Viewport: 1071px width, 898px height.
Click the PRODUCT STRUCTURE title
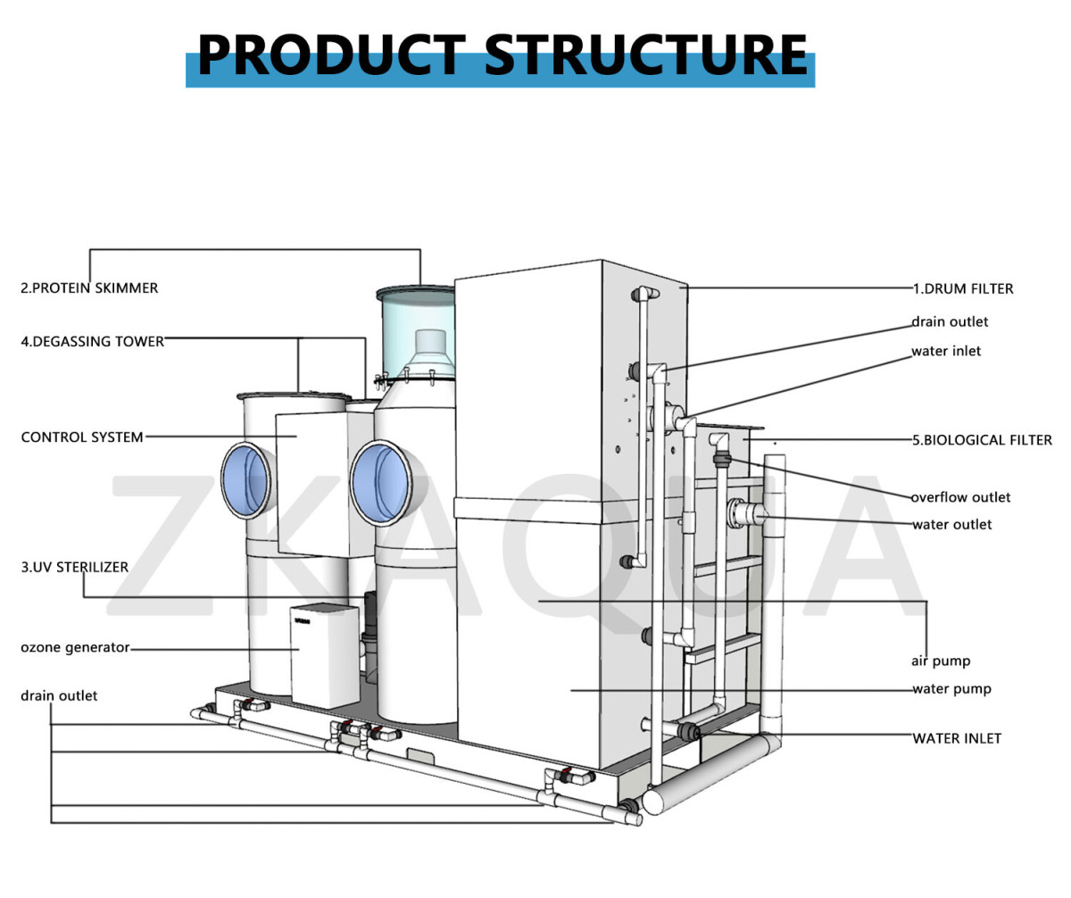pyautogui.click(x=502, y=54)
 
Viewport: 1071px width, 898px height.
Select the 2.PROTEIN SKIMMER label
pyautogui.click(x=89, y=288)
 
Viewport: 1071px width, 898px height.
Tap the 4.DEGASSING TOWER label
pyautogui.click(x=93, y=341)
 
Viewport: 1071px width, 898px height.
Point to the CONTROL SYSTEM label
pyautogui.click(x=82, y=437)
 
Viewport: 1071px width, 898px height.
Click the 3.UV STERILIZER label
pyautogui.click(x=74, y=567)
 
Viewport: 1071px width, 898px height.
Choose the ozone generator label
pyautogui.click(x=75, y=647)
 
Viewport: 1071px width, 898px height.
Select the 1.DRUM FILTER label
pyautogui.click(x=962, y=288)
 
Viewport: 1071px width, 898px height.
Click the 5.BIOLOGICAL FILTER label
pyautogui.click(x=982, y=439)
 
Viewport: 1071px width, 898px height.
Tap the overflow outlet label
pyautogui.click(x=960, y=497)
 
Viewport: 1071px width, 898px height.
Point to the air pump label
pyautogui.click(x=941, y=661)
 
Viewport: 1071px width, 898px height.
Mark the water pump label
pyautogui.click(x=951, y=689)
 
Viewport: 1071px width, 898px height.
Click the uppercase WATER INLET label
pyautogui.click(x=957, y=738)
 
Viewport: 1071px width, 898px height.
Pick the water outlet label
pyautogui.click(x=951, y=524)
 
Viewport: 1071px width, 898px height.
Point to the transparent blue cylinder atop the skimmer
pyautogui.click(x=416, y=330)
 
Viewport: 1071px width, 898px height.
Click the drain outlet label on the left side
pyautogui.click(x=59, y=695)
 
